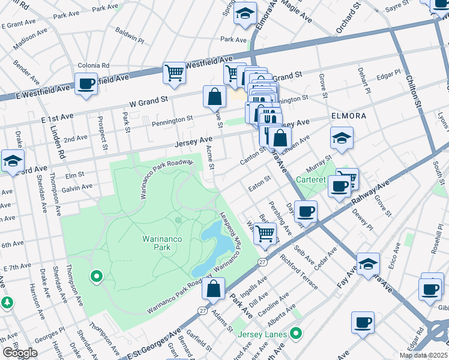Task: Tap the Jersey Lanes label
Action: (x=262, y=333)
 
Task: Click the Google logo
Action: (x=19, y=353)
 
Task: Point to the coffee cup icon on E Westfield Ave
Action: (x=86, y=83)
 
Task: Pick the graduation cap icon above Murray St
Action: (x=341, y=138)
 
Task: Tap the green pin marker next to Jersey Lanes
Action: (x=295, y=332)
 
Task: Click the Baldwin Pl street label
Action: (x=131, y=36)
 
